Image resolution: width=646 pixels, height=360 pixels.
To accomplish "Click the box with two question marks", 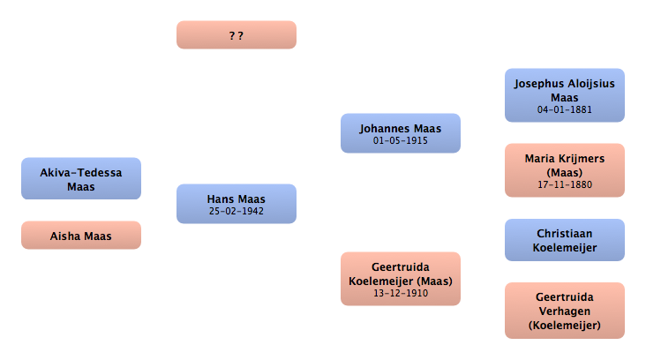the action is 236,35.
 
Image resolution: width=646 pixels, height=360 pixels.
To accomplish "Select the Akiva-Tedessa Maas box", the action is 81,178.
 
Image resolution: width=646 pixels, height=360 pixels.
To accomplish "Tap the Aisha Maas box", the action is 81,236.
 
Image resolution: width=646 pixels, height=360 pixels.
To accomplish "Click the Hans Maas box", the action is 236,204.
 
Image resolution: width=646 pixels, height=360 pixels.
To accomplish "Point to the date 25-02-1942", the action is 236,211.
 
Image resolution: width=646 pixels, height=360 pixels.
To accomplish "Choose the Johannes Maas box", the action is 401,133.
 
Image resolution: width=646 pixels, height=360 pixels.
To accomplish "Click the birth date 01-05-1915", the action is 401,140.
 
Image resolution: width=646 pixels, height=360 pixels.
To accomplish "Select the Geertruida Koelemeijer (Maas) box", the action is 401,279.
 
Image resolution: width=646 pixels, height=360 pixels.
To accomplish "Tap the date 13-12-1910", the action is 401,293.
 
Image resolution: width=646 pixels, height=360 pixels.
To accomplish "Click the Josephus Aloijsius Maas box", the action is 565,95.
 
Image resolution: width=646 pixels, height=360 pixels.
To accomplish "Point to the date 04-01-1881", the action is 565,109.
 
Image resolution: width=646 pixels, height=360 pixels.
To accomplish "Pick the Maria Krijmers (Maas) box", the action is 565,170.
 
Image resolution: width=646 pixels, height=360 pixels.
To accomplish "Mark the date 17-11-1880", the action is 565,184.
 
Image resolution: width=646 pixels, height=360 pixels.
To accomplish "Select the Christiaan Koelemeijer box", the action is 565,240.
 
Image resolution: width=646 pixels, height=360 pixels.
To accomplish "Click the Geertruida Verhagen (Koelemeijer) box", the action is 565,311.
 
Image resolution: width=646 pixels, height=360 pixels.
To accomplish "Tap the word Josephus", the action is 537,84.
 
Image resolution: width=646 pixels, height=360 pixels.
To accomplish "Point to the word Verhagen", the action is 565,311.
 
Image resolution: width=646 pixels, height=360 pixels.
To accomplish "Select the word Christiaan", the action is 565,234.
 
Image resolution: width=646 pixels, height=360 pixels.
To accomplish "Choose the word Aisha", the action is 64,236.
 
